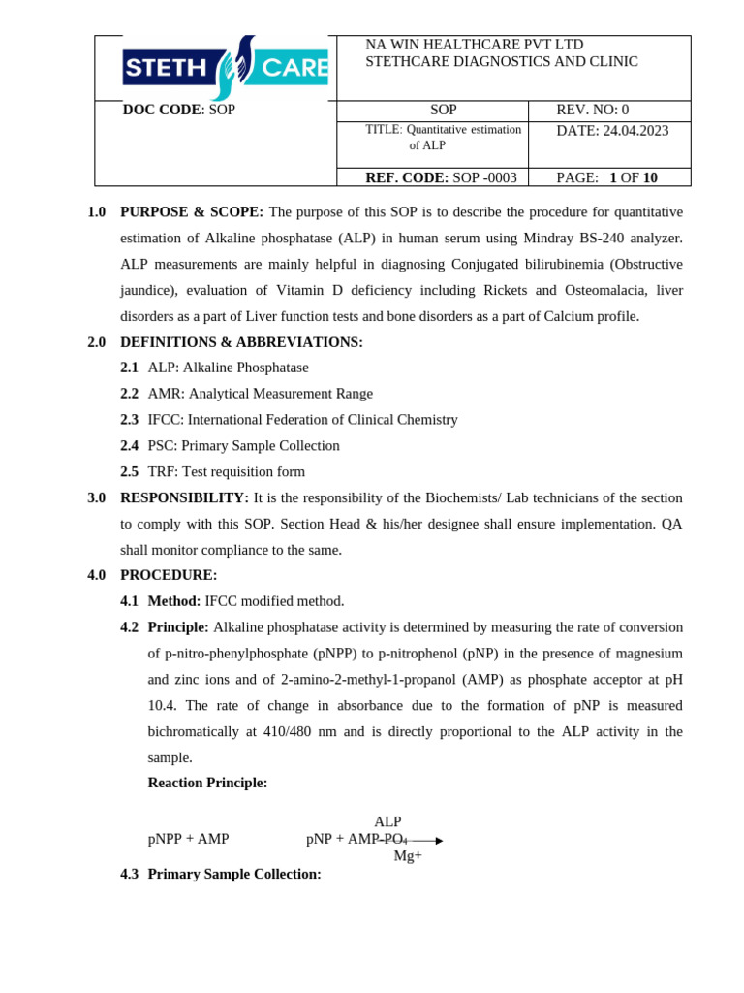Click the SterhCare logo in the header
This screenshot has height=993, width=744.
[x=226, y=68]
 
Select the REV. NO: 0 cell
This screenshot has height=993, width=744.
[x=592, y=110]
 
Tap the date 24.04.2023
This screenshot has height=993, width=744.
[x=635, y=130]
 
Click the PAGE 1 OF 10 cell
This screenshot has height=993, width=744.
[x=606, y=177]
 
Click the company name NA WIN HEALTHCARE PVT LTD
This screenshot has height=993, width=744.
[x=474, y=45]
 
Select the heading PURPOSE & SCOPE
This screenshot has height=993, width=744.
[x=192, y=211]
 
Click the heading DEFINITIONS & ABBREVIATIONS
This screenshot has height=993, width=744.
[x=241, y=342]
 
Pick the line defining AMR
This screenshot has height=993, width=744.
[x=260, y=394]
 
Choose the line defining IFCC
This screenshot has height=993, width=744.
[x=302, y=420]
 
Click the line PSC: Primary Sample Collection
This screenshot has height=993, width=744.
[x=243, y=446]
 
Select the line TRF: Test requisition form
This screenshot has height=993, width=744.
[x=226, y=472]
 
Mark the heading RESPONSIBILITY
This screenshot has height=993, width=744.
[x=184, y=497]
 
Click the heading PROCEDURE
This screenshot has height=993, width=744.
[x=169, y=575]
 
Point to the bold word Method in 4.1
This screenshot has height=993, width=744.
[x=174, y=601]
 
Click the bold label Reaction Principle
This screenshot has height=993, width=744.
[x=207, y=783]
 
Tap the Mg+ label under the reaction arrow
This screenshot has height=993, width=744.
[x=408, y=855]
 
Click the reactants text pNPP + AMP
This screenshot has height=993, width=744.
[x=188, y=839]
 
